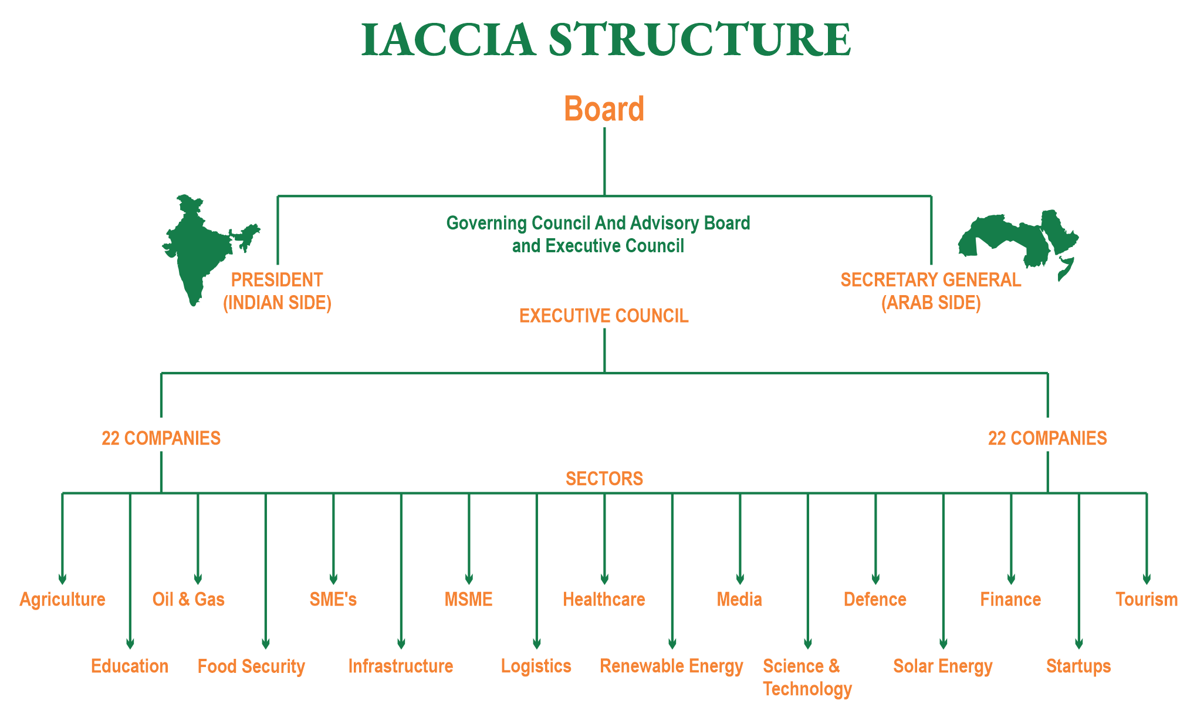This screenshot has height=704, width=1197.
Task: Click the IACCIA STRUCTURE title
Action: tap(606, 40)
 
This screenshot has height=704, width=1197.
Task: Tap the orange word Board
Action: tap(604, 109)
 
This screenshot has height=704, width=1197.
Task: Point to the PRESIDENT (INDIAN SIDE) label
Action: tap(277, 291)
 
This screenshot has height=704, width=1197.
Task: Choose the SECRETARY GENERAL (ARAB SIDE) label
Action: tap(931, 291)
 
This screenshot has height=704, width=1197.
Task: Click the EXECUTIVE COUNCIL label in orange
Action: tap(604, 316)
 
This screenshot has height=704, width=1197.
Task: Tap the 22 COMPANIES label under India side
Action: tap(161, 438)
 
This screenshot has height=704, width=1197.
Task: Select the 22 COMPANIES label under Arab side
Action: tap(1047, 438)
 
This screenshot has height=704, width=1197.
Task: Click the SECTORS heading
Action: tap(604, 479)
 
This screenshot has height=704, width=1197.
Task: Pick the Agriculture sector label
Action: tap(62, 599)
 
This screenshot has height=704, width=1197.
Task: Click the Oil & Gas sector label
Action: tap(188, 599)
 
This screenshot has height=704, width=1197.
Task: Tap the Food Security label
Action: tap(251, 666)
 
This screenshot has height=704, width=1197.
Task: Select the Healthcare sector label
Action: tap(604, 599)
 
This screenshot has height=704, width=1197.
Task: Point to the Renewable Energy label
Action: tap(671, 666)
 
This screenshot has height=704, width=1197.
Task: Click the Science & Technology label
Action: tap(807, 677)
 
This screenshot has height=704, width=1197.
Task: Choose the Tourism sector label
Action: tap(1146, 599)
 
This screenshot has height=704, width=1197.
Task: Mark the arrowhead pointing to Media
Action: tap(740, 579)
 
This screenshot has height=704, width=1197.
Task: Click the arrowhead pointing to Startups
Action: tap(1078, 644)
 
